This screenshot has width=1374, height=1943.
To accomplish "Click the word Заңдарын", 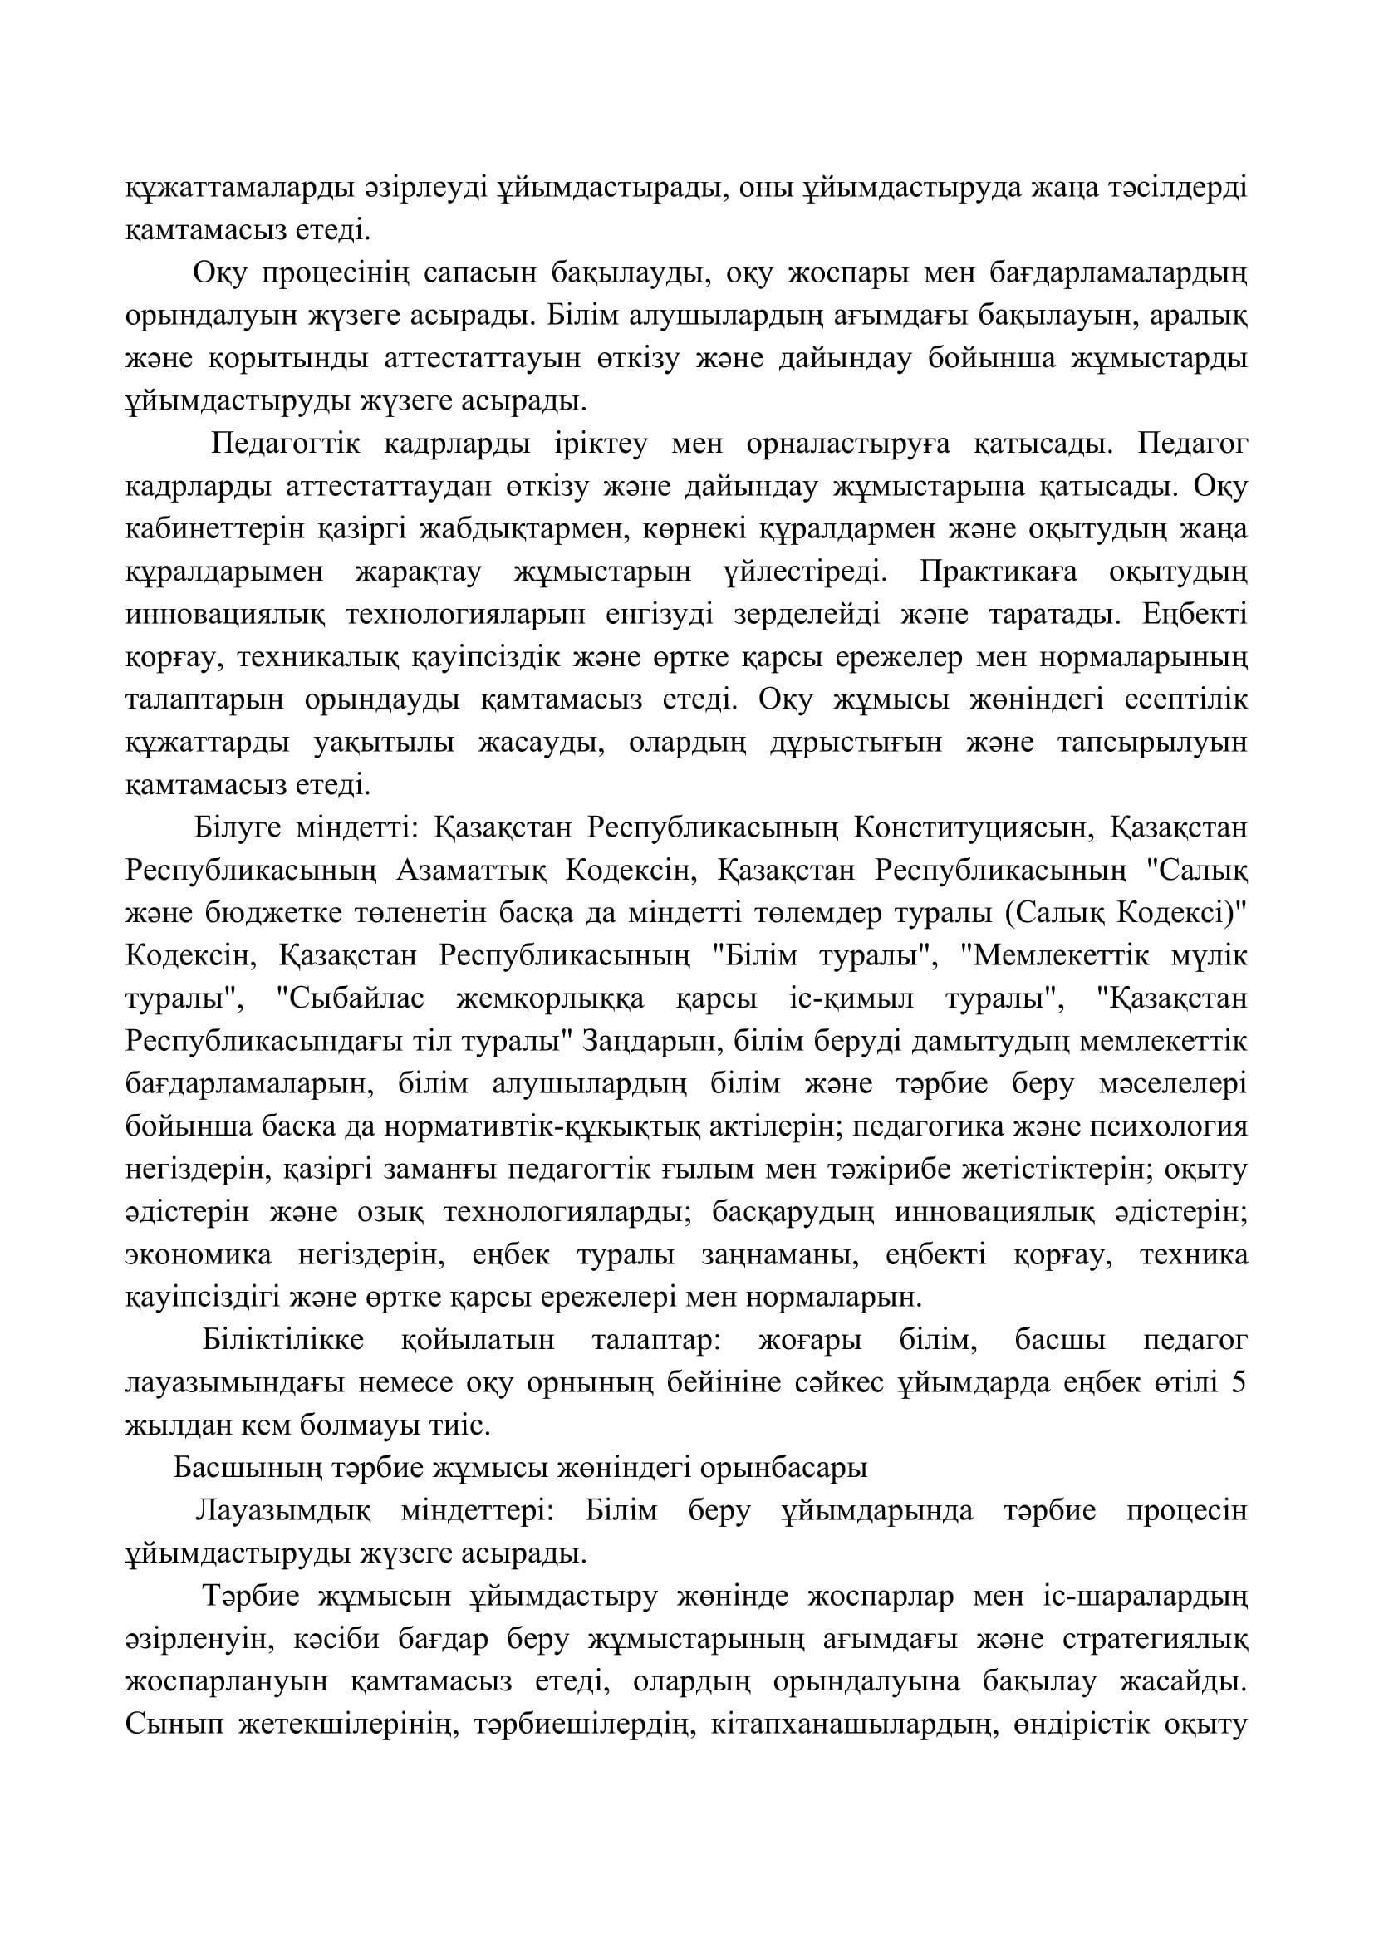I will click(x=647, y=1043).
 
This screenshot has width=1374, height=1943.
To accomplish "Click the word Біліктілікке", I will click(x=283, y=1342).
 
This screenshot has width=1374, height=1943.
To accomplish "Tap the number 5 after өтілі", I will click(x=1239, y=1385).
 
